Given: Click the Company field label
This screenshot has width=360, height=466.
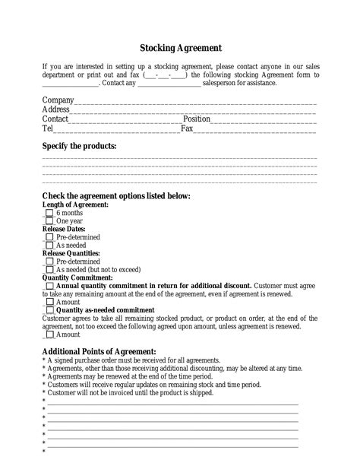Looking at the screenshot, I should coord(58,100).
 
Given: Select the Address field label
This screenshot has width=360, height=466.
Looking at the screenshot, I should coord(56,109).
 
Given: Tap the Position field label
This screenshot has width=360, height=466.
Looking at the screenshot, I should coord(197,119).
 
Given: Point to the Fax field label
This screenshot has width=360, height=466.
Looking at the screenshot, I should coord(187,129).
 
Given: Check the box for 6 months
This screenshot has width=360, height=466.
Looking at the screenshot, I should coord(49,214).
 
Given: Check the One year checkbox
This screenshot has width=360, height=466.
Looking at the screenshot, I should coord(49,221).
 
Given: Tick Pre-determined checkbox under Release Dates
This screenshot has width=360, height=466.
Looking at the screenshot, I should coord(49,237).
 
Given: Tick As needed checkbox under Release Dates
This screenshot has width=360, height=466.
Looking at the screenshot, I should coord(49,246).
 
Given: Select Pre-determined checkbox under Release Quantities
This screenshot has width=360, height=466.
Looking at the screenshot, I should coord(49,261).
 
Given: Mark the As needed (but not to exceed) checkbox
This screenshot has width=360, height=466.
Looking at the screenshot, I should coord(49,269).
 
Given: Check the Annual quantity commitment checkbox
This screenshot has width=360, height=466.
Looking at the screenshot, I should coord(49,285).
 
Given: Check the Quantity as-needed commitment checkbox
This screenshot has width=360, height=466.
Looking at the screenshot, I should coord(49,310).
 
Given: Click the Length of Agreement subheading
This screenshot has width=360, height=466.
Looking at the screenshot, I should coord(75,205).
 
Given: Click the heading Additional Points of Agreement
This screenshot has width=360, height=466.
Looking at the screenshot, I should coord(99,351).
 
